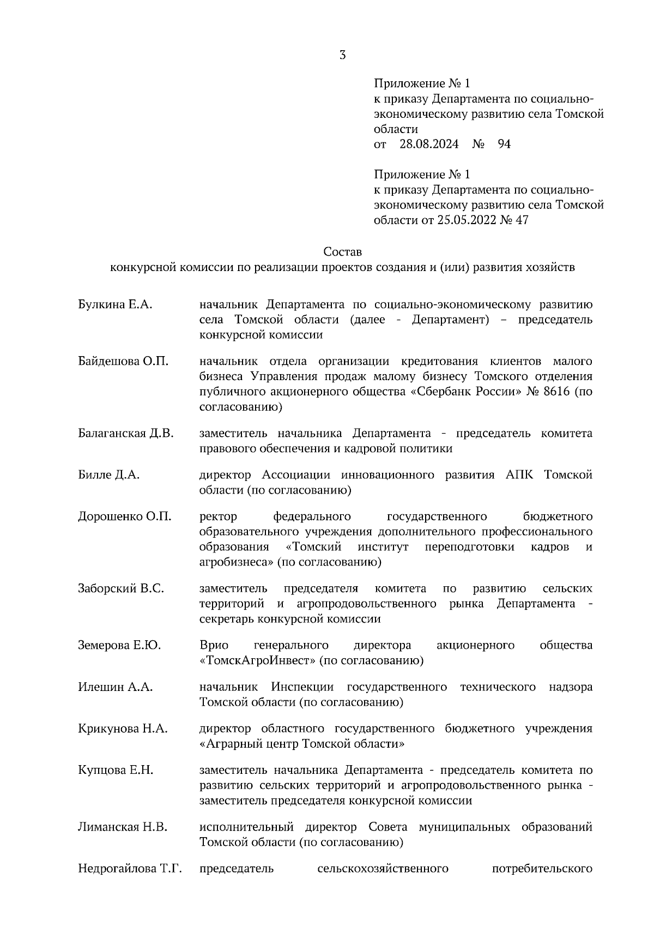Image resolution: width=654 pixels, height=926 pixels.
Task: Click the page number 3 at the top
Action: click(x=342, y=55)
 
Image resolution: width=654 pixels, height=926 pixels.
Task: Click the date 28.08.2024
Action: click(x=429, y=145)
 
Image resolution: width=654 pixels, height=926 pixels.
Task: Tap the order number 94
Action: click(x=504, y=145)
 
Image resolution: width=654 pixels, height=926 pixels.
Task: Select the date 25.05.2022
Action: click(x=467, y=220)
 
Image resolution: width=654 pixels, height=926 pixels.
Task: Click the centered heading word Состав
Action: click(x=342, y=252)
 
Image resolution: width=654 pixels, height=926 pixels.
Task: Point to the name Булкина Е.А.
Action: click(x=115, y=305)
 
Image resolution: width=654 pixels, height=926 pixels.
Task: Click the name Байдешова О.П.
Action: click(x=123, y=362)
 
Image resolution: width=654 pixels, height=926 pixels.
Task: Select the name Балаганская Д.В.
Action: click(x=125, y=434)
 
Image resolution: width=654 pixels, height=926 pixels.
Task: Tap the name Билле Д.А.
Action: click(x=108, y=475)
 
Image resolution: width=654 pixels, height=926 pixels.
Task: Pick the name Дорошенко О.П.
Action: click(x=124, y=516)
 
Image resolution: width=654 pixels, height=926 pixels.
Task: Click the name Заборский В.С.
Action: click(x=121, y=589)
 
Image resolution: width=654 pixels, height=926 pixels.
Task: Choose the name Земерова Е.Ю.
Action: click(x=119, y=646)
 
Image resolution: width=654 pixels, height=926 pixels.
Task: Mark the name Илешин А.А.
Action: click(x=115, y=687)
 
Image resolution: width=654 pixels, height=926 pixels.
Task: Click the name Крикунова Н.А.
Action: click(x=123, y=729)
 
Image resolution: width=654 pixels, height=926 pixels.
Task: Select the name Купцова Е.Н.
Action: click(x=116, y=771)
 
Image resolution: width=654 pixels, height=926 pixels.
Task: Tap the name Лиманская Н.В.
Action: click(x=123, y=827)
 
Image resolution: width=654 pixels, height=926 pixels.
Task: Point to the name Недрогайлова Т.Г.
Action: click(x=130, y=869)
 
